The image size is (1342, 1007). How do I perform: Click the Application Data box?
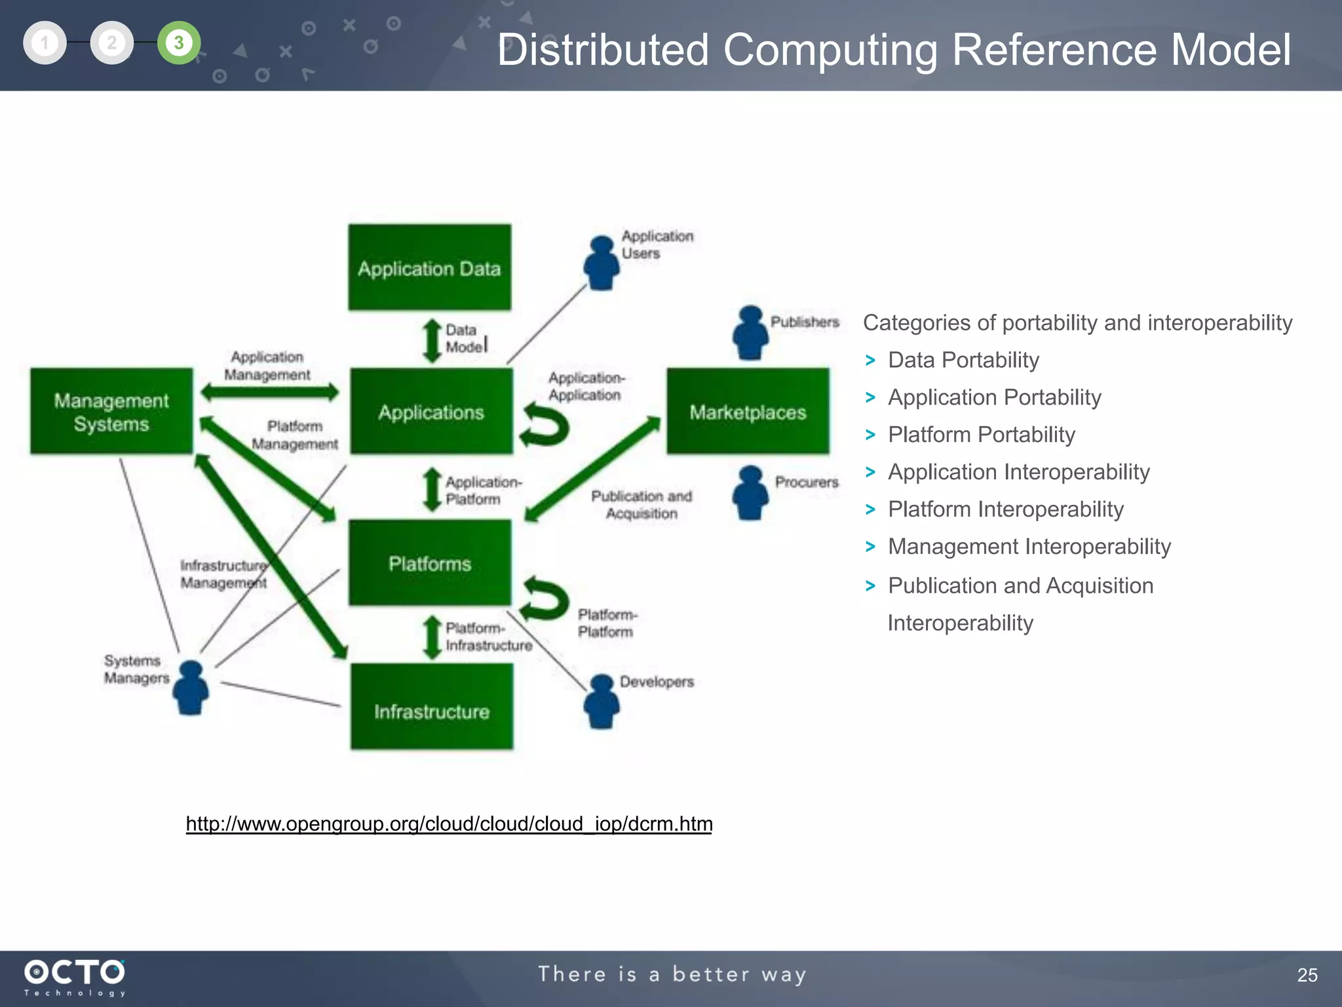coord(429,267)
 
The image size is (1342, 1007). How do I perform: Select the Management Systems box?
coord(111,412)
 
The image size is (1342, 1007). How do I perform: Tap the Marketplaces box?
coord(748,412)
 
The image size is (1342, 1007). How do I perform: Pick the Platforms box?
coord(429,563)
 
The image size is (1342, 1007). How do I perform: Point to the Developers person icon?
coord(601,702)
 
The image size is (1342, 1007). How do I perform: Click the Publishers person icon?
coord(750,333)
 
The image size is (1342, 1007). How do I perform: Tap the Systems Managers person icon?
coord(191,688)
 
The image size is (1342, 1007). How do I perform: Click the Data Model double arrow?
coord(432,340)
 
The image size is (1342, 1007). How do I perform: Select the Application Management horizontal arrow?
coord(269,393)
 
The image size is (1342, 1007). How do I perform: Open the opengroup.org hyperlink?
coord(449,823)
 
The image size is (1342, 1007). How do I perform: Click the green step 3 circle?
coord(178,43)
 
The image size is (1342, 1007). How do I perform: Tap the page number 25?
coord(1307,975)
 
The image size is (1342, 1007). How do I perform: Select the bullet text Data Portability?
coord(963,360)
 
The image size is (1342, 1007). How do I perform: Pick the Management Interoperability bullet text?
coord(1029,547)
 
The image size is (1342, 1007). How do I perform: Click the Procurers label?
coord(807,482)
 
